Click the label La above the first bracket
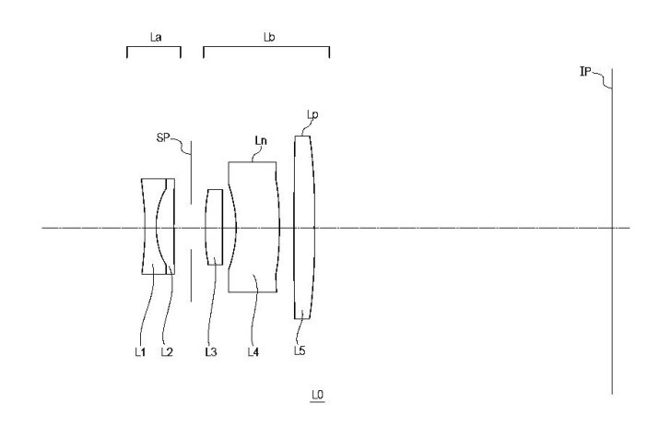coord(156,37)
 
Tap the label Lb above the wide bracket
coord(269,37)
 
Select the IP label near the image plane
coord(585,72)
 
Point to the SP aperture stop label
coord(163,137)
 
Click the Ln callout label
coord(261,140)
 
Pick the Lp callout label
coord(312,114)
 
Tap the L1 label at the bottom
coord(140,352)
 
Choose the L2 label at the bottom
coord(167,352)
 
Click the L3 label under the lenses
coord(210,352)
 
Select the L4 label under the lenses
coord(253,352)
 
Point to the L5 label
coord(300,350)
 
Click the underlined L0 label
coord(317,395)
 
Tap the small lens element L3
coord(215,227)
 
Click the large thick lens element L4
coord(253,227)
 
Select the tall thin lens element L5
coord(304,227)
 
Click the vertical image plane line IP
coord(612,231)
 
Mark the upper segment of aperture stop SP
coord(191,172)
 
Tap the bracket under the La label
coord(154,47)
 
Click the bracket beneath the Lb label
coord(266,47)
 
